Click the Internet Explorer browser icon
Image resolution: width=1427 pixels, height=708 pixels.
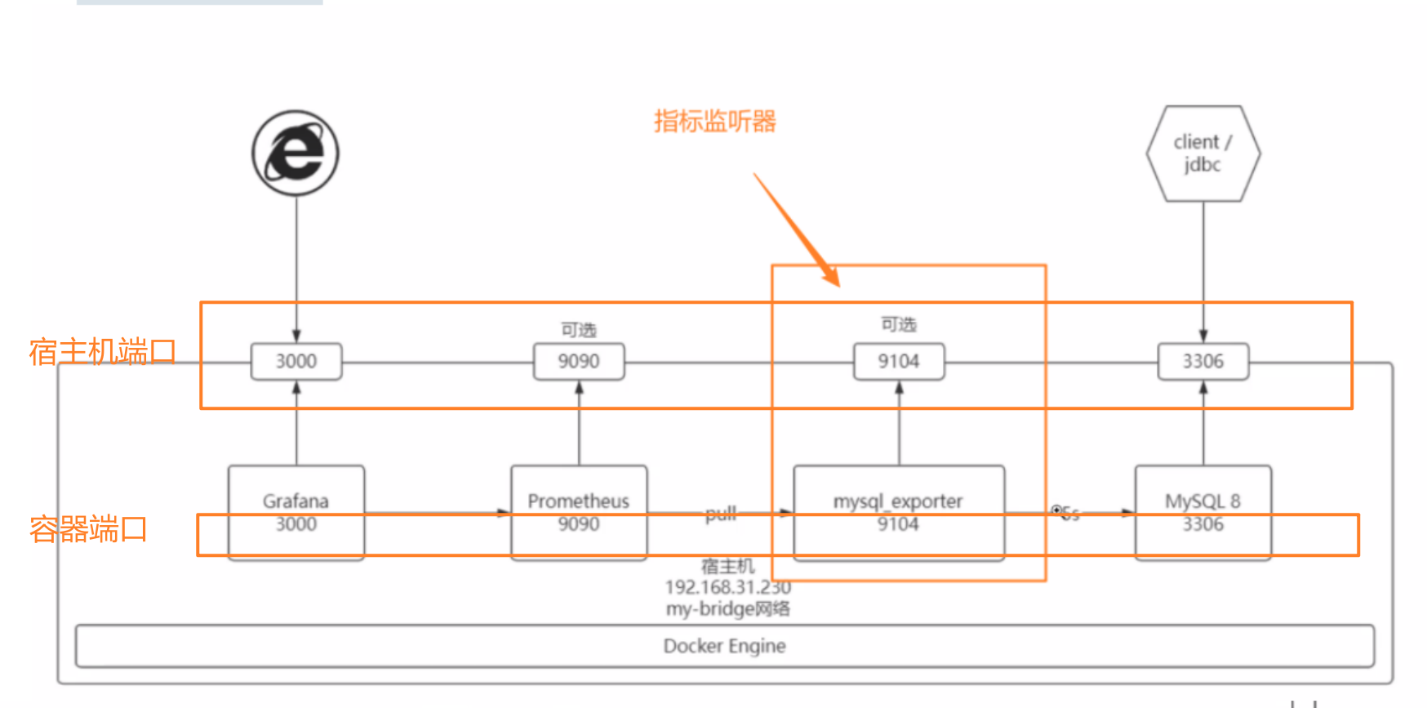coord(296,153)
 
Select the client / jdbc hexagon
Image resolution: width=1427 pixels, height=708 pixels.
coord(1203,154)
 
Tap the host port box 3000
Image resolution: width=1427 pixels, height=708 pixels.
coord(296,361)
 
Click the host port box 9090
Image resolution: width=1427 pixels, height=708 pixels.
coord(579,361)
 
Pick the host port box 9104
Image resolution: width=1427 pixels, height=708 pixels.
coord(899,361)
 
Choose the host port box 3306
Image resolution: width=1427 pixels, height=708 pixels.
coord(1203,361)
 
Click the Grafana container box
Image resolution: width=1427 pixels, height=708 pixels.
coord(296,512)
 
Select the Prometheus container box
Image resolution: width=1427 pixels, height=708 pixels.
coord(579,512)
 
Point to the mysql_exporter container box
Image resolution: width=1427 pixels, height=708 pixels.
coord(899,512)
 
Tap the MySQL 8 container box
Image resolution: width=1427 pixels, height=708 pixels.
coord(1203,512)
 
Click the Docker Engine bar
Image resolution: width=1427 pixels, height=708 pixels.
coord(724,646)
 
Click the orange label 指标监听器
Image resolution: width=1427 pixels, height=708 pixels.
coord(715,122)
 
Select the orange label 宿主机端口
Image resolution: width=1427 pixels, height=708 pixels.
coord(102,352)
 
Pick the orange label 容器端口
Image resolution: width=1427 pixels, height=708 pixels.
coord(88,529)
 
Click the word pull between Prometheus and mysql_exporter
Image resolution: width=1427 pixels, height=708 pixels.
coord(721,514)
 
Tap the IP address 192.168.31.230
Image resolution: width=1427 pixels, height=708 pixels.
coord(727,587)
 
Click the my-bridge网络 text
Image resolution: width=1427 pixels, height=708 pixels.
coord(727,608)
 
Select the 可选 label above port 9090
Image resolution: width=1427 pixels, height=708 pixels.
coord(579,329)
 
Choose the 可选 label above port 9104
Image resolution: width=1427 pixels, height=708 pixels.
coord(899,324)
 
